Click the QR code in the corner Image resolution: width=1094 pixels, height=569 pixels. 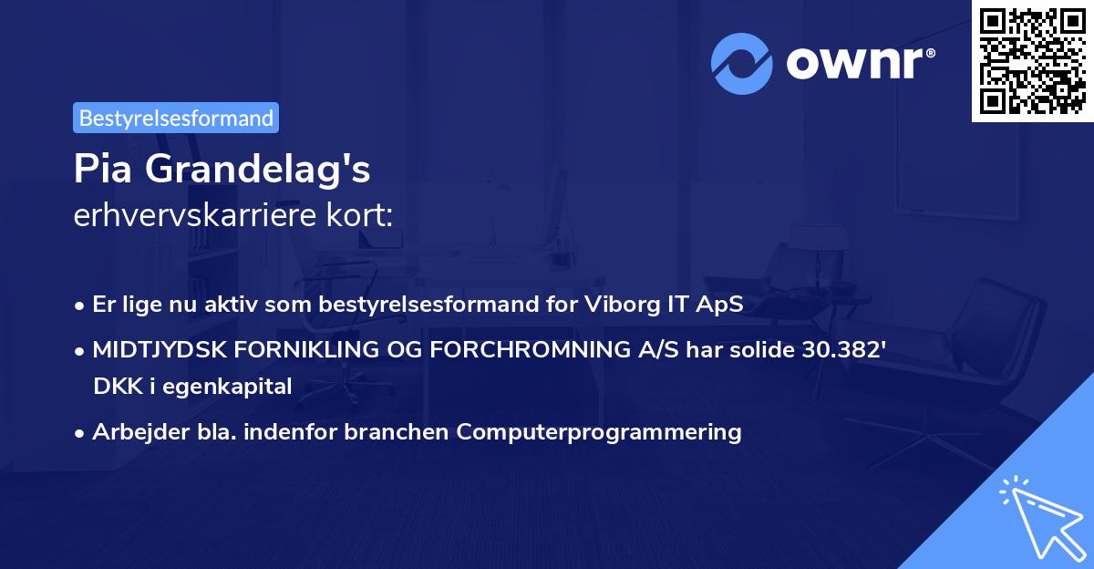pyautogui.click(x=1033, y=61)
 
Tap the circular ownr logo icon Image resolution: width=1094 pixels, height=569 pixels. pyautogui.click(x=742, y=64)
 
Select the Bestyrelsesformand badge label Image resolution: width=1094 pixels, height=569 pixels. pyautogui.click(x=176, y=118)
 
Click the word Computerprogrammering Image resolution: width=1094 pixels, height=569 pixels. pyautogui.click(x=599, y=431)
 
